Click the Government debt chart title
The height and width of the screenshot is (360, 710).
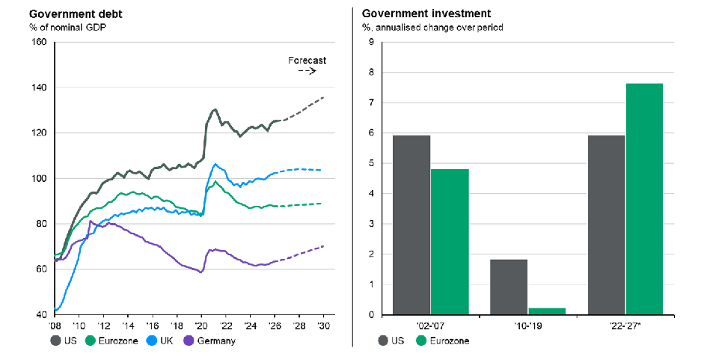(76, 13)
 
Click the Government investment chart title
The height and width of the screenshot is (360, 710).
(426, 13)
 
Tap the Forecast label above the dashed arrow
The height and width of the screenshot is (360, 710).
(307, 60)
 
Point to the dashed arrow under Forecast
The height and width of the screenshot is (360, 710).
(307, 71)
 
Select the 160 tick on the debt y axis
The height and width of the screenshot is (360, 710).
(40, 42)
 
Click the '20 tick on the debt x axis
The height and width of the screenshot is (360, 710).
(201, 326)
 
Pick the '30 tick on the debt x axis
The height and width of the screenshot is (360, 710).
(323, 326)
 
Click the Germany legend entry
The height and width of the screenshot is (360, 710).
(210, 341)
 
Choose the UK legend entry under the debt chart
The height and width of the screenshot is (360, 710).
(160, 341)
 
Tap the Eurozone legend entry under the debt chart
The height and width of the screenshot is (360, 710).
(111, 341)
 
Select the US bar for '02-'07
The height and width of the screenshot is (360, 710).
(411, 225)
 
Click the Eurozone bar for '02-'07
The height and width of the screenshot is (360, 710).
(450, 242)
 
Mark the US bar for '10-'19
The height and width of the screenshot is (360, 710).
(509, 287)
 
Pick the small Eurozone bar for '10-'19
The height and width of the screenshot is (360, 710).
(547, 311)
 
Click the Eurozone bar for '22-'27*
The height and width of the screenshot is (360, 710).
(644, 199)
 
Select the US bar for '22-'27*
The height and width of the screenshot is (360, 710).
(606, 225)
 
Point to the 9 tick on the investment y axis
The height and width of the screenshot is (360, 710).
(371, 42)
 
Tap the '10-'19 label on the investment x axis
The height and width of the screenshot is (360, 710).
(527, 326)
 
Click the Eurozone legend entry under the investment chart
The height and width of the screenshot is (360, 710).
(443, 341)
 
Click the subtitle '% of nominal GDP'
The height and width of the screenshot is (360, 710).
(68, 27)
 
